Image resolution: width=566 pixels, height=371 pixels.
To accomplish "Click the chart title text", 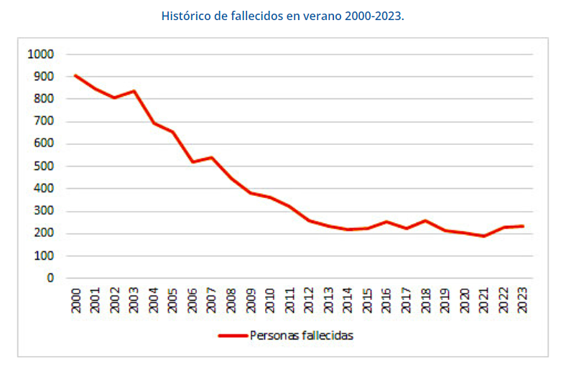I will (x=283, y=15).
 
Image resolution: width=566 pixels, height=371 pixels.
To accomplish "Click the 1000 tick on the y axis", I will (x=41, y=54).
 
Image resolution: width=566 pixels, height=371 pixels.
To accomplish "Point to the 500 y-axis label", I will (x=44, y=166).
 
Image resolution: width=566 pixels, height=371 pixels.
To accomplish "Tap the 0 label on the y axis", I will (x=51, y=278).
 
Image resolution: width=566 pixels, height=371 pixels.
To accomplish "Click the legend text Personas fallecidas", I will (x=302, y=335).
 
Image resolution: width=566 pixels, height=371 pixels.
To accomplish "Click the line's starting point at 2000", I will (x=76, y=75).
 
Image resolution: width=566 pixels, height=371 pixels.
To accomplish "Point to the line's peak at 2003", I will (x=134, y=91).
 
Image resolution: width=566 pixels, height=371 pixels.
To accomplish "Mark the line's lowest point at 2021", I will (x=484, y=236).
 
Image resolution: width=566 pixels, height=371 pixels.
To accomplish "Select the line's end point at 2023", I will (x=523, y=226).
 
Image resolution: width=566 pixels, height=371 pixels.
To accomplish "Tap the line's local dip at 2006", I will (x=192, y=161).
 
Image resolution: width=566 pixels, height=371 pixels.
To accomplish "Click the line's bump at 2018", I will (x=426, y=220).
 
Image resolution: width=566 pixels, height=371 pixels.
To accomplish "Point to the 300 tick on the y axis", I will (x=44, y=212).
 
